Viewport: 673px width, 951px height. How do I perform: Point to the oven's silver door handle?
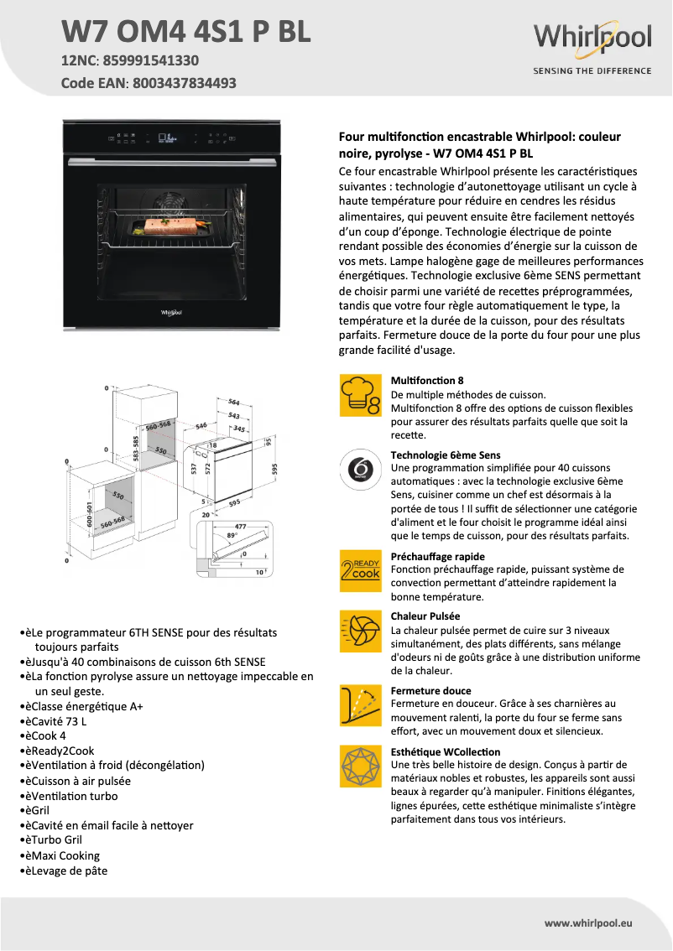[171, 159]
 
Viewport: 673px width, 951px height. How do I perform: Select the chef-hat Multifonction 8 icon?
[360, 396]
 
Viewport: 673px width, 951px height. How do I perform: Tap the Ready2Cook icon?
[360, 570]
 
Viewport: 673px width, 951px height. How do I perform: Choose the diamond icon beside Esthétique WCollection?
[360, 766]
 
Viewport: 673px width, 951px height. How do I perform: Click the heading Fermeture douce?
[431, 691]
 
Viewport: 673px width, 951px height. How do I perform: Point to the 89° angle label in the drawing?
[232, 535]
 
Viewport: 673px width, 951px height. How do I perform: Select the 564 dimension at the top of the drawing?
[234, 403]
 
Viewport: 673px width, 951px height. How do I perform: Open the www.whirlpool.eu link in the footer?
[588, 923]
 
